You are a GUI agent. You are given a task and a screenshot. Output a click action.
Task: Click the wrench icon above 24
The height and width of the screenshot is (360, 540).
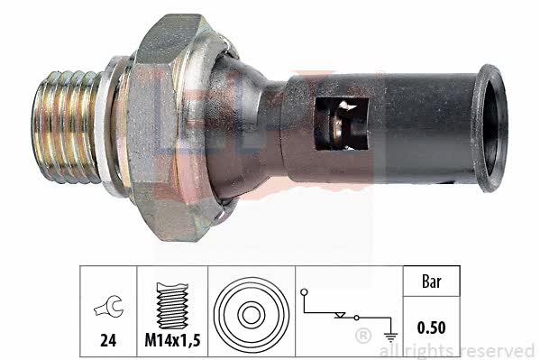[x=108, y=307]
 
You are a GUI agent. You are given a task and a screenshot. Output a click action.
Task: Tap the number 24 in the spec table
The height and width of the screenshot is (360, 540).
[x=108, y=341]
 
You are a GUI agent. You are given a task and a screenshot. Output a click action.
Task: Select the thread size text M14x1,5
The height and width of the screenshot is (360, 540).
[x=172, y=341]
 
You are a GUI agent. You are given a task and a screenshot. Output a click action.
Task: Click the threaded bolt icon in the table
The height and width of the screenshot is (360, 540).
[x=172, y=306]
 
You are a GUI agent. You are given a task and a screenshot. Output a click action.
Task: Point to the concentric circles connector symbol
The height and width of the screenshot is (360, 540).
[x=252, y=314]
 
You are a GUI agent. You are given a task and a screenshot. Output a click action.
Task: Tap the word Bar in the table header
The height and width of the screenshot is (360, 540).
[x=431, y=282]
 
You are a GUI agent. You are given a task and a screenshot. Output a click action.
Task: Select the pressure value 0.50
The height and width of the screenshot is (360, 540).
[x=431, y=328]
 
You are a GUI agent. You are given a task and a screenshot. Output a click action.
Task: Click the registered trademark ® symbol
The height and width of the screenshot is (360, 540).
[x=362, y=336]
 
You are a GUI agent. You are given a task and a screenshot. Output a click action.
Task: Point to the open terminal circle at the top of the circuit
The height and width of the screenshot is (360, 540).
[x=304, y=292]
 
